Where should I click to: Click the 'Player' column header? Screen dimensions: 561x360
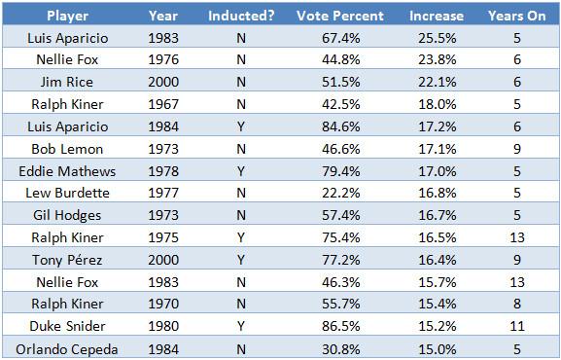(x=68, y=16)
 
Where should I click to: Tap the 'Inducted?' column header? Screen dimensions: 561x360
(x=241, y=16)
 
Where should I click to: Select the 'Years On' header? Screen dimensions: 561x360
(x=517, y=16)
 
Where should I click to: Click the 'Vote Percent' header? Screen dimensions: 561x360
(x=340, y=16)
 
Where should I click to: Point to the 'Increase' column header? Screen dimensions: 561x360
(x=437, y=16)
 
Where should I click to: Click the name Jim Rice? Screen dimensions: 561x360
(x=67, y=82)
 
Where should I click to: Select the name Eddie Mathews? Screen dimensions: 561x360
(x=67, y=171)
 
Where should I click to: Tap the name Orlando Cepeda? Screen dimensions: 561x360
(x=67, y=349)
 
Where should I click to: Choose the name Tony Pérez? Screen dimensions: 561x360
(x=67, y=260)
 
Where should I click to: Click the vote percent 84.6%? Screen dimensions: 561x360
(x=341, y=126)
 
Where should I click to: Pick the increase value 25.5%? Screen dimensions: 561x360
(x=438, y=38)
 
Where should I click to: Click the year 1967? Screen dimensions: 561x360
(x=163, y=104)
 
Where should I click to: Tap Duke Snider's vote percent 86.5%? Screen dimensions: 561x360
(x=341, y=326)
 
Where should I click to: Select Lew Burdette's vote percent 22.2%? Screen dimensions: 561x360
(x=341, y=193)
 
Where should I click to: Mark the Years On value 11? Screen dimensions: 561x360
(x=517, y=326)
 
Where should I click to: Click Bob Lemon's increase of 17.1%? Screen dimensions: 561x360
(x=438, y=149)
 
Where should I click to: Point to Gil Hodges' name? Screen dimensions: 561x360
(x=67, y=215)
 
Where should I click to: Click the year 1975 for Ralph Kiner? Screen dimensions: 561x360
(x=163, y=237)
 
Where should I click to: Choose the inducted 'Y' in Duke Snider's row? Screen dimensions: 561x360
(x=241, y=326)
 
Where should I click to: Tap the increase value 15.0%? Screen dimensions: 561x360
(x=438, y=349)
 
